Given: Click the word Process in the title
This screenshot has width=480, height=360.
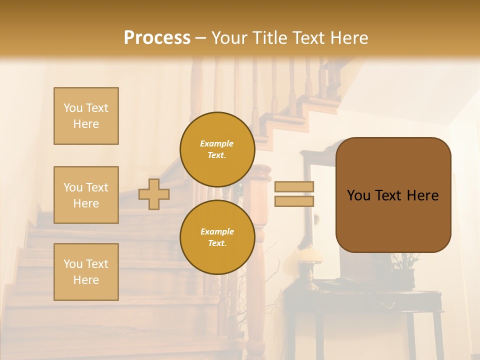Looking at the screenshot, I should pos(157,38).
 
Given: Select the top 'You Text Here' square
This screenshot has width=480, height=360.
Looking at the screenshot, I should pos(86,116).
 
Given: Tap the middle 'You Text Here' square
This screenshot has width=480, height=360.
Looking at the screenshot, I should pos(86,195).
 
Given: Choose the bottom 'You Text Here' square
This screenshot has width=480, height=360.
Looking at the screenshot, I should pos(86,272).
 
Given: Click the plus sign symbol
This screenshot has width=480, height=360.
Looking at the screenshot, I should pos(154,194).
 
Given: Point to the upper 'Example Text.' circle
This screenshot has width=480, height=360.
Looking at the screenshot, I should pos(217,149).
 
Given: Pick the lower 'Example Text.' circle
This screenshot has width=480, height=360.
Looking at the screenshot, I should pos(217,237).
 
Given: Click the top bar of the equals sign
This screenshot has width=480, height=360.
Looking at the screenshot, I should pos(294,187).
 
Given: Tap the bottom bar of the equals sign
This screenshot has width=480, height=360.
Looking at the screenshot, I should pos(294,201).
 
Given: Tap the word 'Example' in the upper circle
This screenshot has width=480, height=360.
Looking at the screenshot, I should pos(216,143).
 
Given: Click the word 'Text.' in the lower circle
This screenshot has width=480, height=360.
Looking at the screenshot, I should pos(217,243).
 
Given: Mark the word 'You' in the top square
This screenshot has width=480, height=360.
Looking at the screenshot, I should pos(73,108).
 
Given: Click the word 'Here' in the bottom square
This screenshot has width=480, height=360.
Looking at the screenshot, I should pos(86,280).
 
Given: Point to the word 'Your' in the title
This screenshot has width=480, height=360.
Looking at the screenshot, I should pos(231,38).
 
